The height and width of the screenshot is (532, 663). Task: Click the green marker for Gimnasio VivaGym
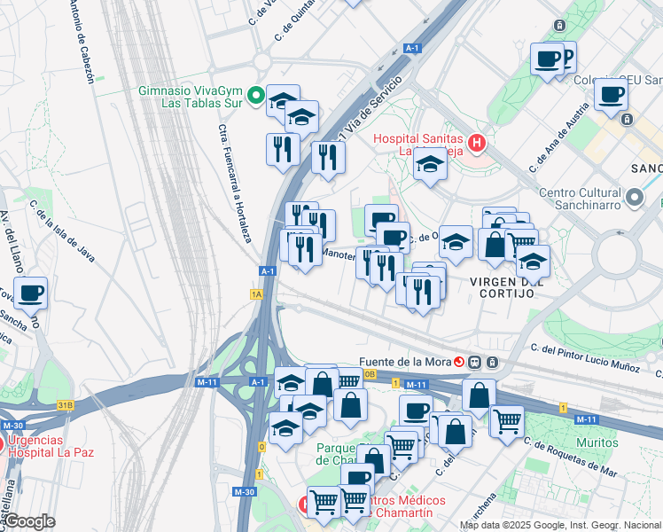coord(256,94)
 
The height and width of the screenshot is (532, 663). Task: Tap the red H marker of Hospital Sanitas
coord(477,142)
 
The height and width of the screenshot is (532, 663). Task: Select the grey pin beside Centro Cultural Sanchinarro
coord(635,196)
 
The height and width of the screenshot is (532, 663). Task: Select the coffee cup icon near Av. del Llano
coord(31,293)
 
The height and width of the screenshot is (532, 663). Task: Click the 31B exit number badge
coord(65,405)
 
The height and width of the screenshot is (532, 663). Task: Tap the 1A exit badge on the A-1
coord(257,293)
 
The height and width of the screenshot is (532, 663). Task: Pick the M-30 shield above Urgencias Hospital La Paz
coord(12,426)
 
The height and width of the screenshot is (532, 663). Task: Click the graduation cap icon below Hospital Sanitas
coord(430,165)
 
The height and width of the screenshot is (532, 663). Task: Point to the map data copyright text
coord(560,525)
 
